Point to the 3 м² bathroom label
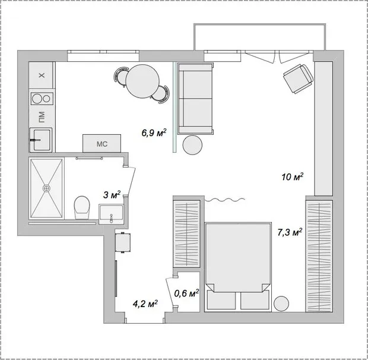112,194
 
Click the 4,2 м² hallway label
145,304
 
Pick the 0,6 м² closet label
186,292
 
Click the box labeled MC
101,143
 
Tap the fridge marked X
41,75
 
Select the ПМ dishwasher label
41,115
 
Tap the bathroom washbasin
112,211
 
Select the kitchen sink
41,139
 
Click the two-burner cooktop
41,99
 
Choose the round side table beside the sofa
193,144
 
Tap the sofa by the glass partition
196,98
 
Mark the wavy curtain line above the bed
223,200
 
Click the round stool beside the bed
281,302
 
